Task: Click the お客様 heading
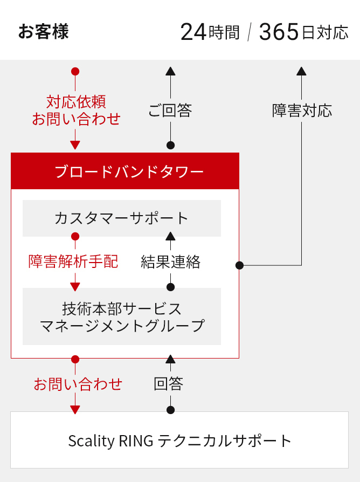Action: pyautogui.click(x=43, y=32)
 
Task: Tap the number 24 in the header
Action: pyautogui.click(x=193, y=32)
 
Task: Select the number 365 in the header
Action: pyautogui.click(x=279, y=32)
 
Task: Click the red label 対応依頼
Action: pyautogui.click(x=76, y=102)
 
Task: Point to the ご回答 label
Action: pyautogui.click(x=170, y=111)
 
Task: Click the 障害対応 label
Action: pyautogui.click(x=302, y=111)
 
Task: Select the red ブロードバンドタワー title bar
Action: pyautogui.click(x=125, y=171)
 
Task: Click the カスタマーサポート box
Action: pyautogui.click(x=122, y=218)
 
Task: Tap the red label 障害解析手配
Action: pyautogui.click(x=73, y=261)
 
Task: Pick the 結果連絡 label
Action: pyautogui.click(x=170, y=262)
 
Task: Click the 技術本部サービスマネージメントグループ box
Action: pyautogui.click(x=122, y=316)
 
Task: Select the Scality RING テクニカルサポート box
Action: pyautogui.click(x=179, y=440)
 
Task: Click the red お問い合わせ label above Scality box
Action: pyautogui.click(x=78, y=384)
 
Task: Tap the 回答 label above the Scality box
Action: pyautogui.click(x=168, y=384)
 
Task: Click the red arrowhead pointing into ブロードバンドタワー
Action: pyautogui.click(x=75, y=145)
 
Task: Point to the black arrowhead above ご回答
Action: pyautogui.click(x=170, y=71)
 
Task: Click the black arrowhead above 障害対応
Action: pyautogui.click(x=301, y=71)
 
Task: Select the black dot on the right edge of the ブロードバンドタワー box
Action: pyautogui.click(x=240, y=265)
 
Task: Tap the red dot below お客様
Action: pyautogui.click(x=75, y=71)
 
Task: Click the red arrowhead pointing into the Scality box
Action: pyautogui.click(x=75, y=410)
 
